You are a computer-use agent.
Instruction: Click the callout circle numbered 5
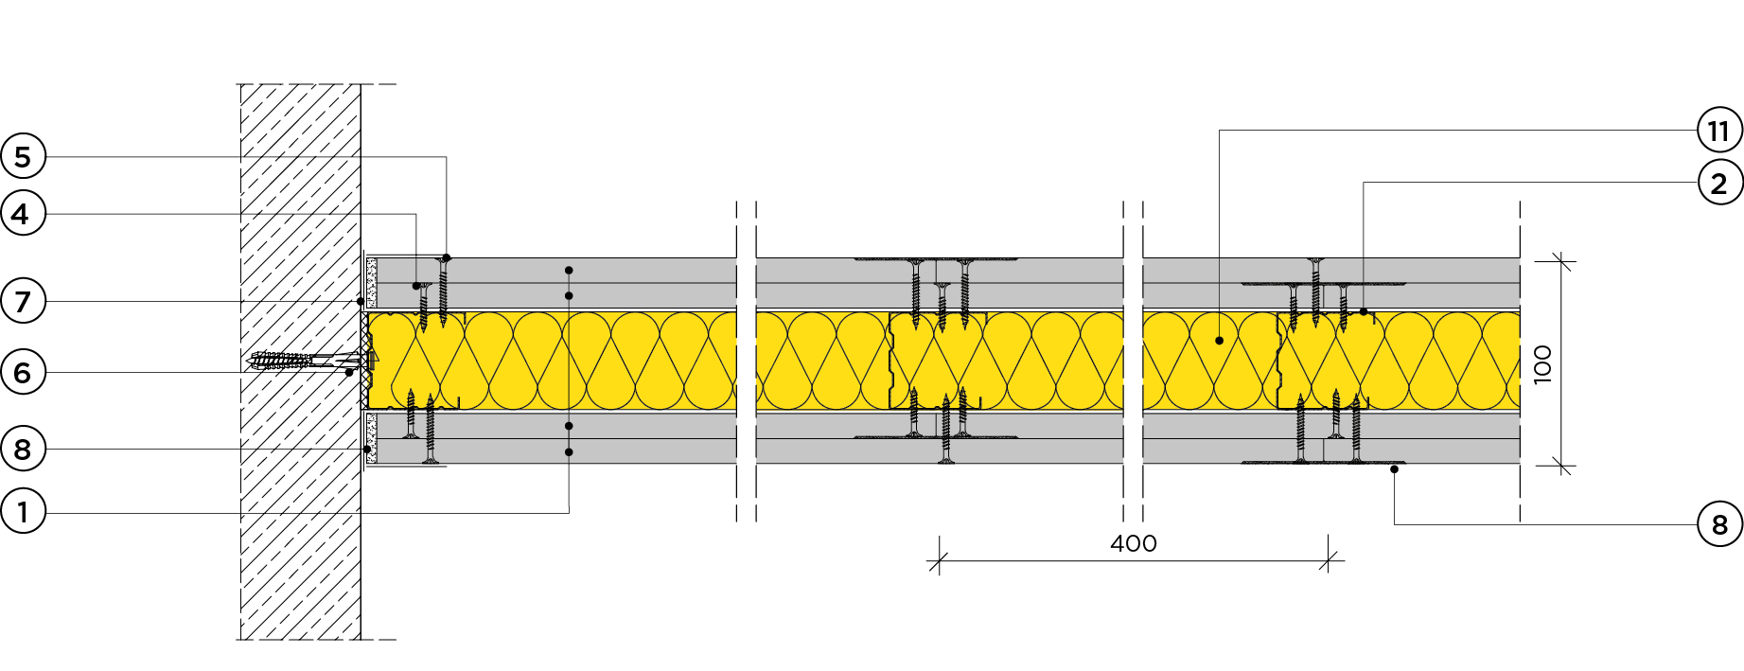(x=23, y=157)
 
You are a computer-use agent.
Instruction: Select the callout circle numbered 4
(x=23, y=215)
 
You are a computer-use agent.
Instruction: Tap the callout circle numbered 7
(x=23, y=302)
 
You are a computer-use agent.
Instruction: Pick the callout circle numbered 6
(x=23, y=373)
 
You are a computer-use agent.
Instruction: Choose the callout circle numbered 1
(x=23, y=513)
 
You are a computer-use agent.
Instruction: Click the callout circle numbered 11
(x=1718, y=131)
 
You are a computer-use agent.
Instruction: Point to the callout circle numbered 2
(x=1718, y=183)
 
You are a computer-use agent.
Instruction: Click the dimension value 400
(x=1133, y=544)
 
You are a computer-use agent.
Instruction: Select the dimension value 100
(x=1542, y=364)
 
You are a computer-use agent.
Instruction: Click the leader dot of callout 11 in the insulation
(x=1219, y=341)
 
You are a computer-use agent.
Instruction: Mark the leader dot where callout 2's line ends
(x=1364, y=311)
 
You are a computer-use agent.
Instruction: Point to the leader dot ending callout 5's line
(x=447, y=257)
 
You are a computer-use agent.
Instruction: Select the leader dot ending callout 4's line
(x=416, y=286)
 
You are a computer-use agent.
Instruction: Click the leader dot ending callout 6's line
(x=349, y=373)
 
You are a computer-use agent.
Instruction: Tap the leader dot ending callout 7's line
(x=361, y=302)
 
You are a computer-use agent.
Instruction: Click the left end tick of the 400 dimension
(x=938, y=562)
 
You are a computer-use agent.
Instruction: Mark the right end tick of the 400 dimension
(x=1330, y=562)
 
